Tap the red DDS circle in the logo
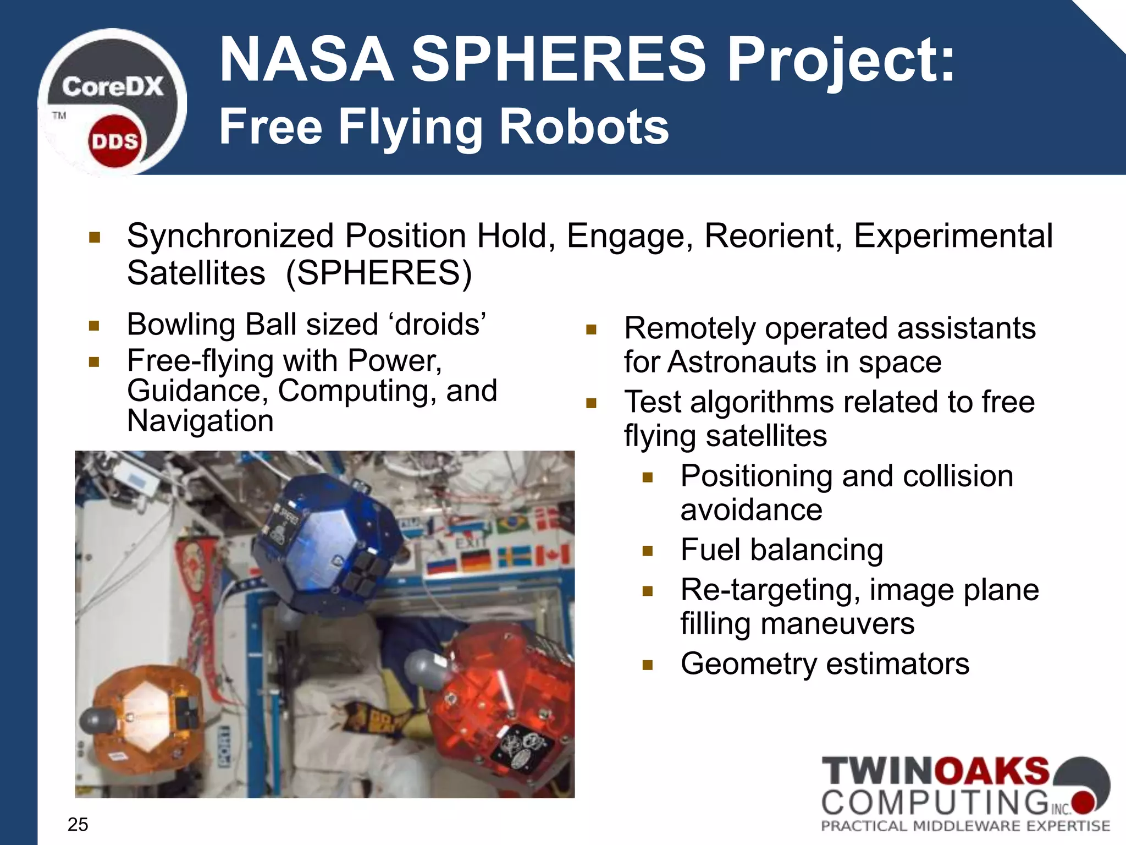click(114, 141)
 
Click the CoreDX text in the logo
click(113, 87)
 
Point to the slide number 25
click(78, 824)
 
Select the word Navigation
click(200, 421)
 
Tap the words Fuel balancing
click(781, 550)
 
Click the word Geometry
click(748, 663)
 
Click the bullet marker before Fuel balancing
click(647, 551)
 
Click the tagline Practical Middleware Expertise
click(965, 826)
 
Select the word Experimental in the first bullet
click(953, 236)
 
